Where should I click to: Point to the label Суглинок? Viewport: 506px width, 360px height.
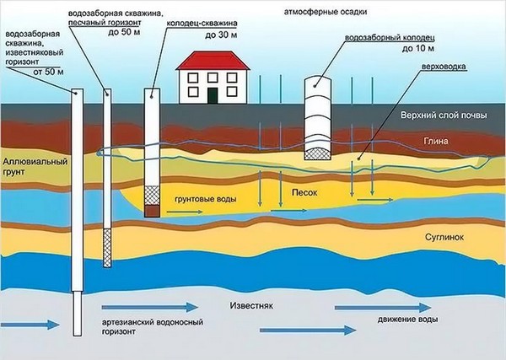tap(449, 238)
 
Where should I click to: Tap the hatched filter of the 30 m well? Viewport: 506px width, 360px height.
tap(152, 195)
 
